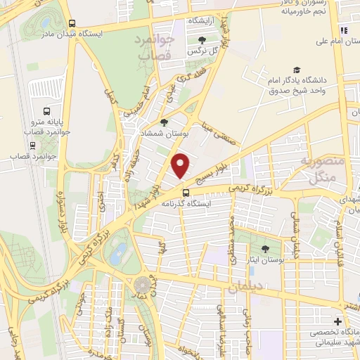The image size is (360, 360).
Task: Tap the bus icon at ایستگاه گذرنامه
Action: [x=186, y=193]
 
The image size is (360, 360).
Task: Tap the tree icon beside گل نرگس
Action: [x=202, y=40]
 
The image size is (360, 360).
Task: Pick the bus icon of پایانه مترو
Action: [x=46, y=111]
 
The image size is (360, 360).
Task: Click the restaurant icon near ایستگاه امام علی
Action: [x=344, y=30]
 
